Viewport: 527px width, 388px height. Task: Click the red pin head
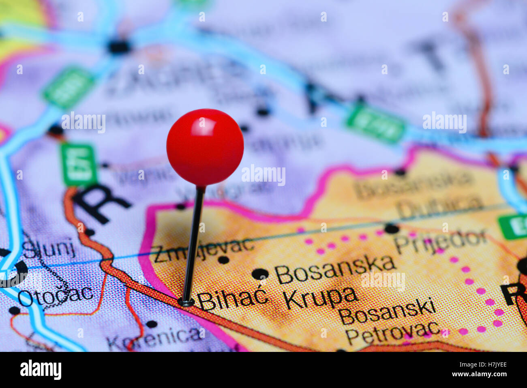[x=205, y=147]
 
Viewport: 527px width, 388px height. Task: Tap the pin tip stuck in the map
[x=186, y=302]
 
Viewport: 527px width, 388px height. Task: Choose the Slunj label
[x=49, y=248]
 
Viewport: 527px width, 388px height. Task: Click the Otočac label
[x=55, y=296]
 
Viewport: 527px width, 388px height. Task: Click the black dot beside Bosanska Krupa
[x=260, y=274]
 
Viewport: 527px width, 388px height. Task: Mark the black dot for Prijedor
[x=391, y=228]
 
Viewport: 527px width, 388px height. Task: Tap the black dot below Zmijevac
[x=223, y=260]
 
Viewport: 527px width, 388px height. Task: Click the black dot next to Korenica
[x=151, y=324]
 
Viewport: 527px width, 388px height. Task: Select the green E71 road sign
[x=79, y=164]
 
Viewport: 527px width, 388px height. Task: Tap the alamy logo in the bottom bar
[x=41, y=369]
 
